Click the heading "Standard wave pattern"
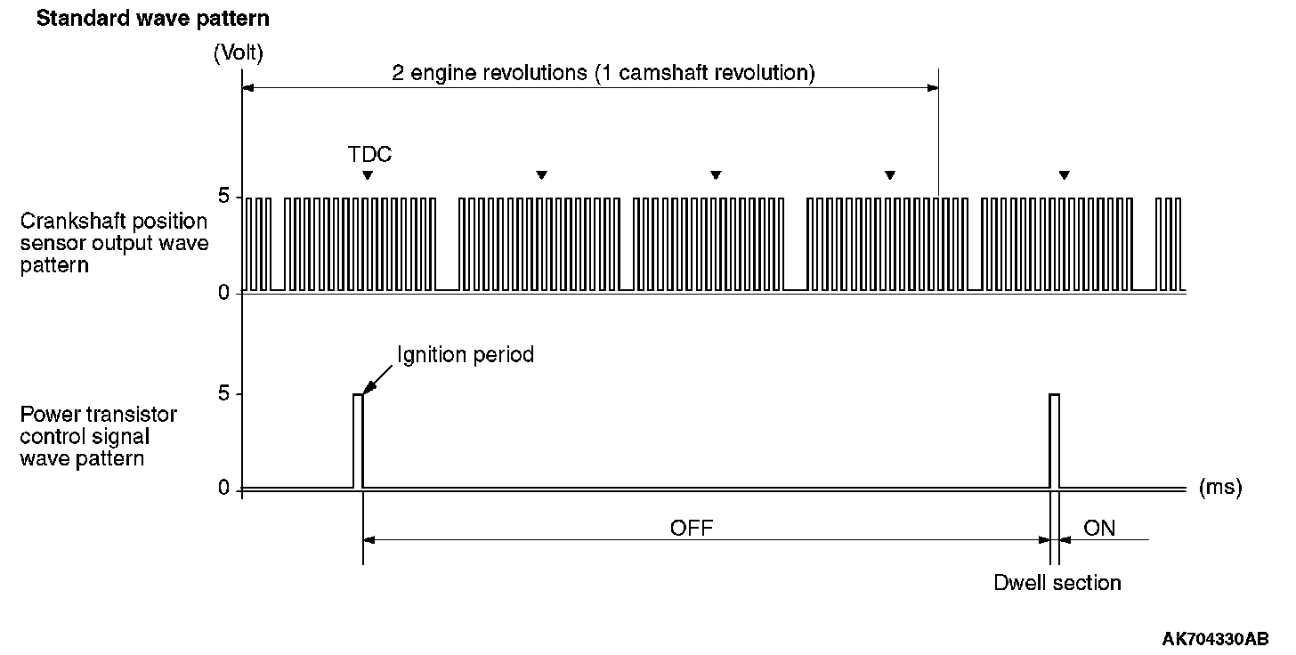point(152,18)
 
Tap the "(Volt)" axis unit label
point(238,53)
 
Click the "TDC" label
point(369,155)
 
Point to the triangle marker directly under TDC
point(368,174)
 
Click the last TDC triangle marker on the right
point(1064,174)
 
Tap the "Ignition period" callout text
point(466,355)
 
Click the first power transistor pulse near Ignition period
point(358,441)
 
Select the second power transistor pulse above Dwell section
point(1055,441)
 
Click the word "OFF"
point(693,529)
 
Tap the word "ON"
point(1099,529)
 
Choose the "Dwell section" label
point(1057,583)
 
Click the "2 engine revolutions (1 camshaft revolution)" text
point(603,73)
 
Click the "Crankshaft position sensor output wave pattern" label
point(114,243)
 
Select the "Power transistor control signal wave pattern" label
point(98,437)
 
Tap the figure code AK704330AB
point(1215,638)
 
